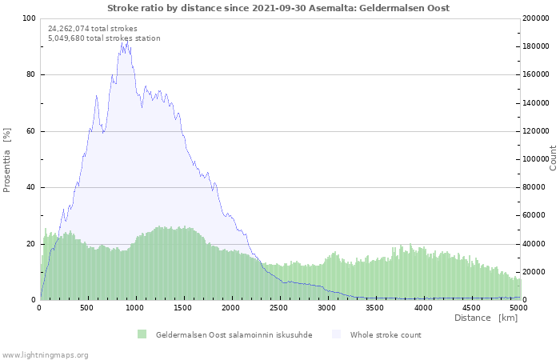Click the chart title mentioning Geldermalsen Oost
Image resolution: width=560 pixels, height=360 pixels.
tap(278, 8)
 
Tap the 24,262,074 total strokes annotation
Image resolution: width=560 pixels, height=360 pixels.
tap(93, 29)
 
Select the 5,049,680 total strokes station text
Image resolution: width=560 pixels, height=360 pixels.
tap(104, 38)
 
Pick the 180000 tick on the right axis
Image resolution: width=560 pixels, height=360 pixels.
tap(535, 46)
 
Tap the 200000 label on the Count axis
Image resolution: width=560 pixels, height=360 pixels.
tap(535, 18)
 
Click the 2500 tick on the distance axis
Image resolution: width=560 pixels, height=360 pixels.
tap(278, 308)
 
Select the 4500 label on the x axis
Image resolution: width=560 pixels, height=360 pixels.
tap(471, 308)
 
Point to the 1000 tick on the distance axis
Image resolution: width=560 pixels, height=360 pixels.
tap(134, 308)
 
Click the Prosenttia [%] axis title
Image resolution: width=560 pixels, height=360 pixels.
tap(6, 160)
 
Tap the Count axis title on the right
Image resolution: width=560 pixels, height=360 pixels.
tap(553, 158)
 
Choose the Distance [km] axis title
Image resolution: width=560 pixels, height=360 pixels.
tap(486, 318)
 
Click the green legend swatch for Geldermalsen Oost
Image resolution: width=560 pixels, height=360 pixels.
tap(142, 334)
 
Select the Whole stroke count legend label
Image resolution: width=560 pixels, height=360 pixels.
tap(386, 335)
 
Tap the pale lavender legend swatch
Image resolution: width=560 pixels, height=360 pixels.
tap(337, 334)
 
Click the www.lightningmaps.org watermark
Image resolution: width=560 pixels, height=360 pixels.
tap(45, 355)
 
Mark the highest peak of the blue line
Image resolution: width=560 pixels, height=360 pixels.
tap(126, 41)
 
